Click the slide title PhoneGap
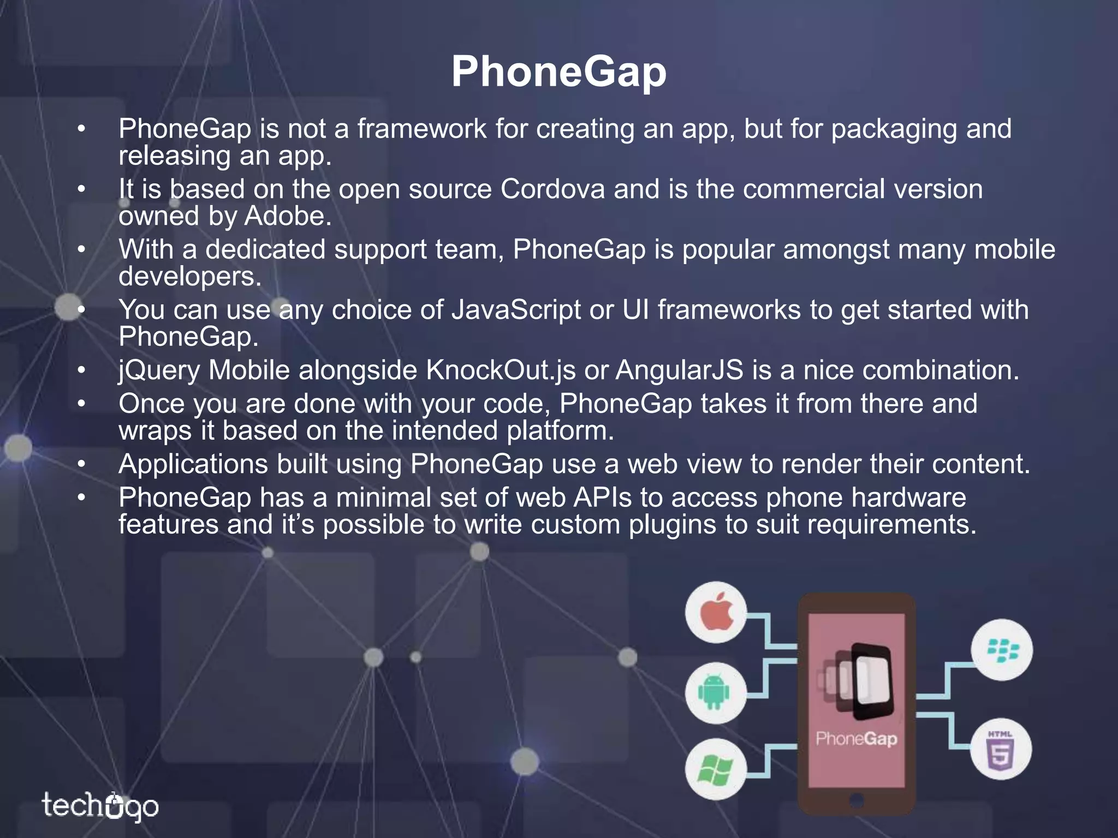click(x=558, y=72)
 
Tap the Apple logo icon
click(x=716, y=612)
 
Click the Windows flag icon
click(x=715, y=769)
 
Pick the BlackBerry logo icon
click(x=1002, y=650)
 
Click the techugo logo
click(x=100, y=806)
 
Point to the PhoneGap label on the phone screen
click(x=857, y=739)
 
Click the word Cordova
click(x=552, y=189)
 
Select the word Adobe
click(x=288, y=216)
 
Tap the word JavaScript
click(x=516, y=310)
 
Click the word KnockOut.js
click(x=501, y=370)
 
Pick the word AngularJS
click(x=680, y=370)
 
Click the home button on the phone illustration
click(x=857, y=800)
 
